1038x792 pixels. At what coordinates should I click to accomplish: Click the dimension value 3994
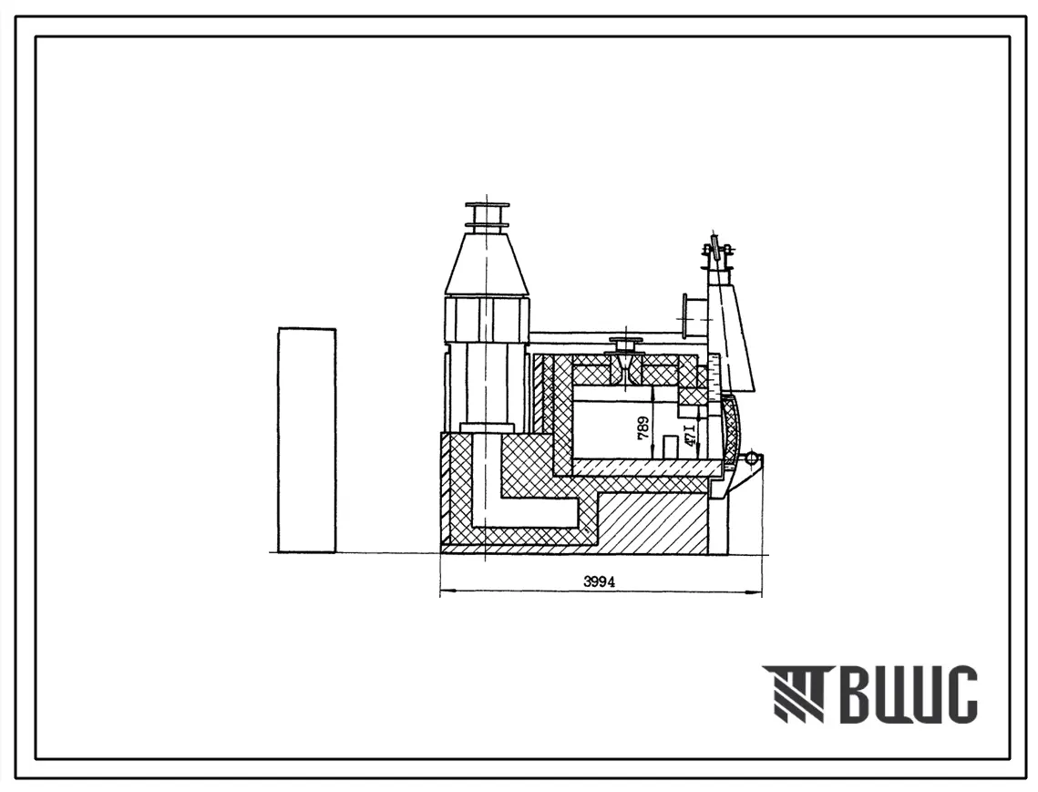click(x=599, y=582)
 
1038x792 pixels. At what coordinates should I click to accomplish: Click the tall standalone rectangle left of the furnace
click(x=307, y=439)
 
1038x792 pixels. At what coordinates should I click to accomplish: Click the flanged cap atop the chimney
click(x=488, y=216)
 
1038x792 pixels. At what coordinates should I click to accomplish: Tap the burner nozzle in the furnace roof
click(x=624, y=362)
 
